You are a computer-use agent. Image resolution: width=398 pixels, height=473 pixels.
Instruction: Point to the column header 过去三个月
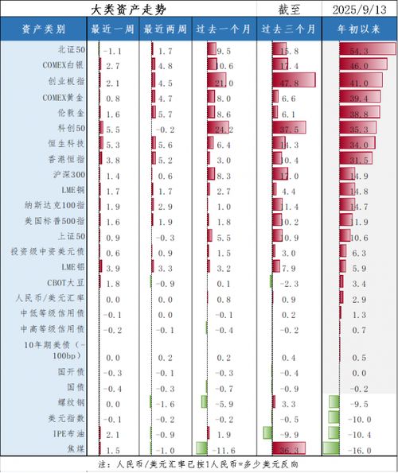pos(290,29)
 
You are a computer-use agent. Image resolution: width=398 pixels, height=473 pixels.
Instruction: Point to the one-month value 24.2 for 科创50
pos(222,129)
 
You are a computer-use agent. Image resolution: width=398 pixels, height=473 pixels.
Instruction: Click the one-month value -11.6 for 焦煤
pos(222,450)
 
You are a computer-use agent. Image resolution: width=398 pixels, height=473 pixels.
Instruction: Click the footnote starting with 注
pos(199,463)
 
